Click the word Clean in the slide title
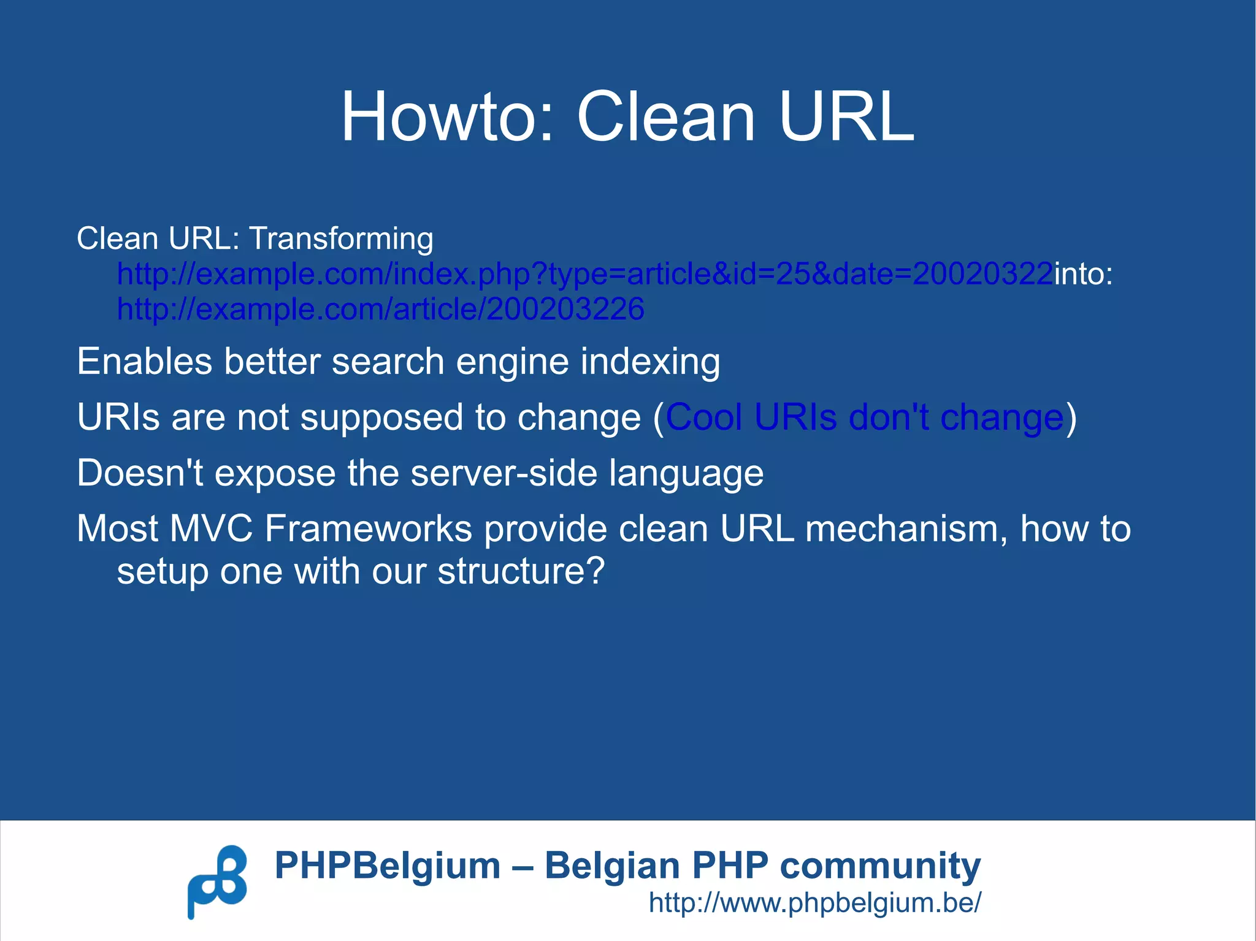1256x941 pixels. tap(665, 116)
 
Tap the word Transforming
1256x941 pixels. tap(341, 238)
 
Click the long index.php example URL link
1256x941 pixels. tap(585, 273)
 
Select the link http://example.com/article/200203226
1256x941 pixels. tap(380, 309)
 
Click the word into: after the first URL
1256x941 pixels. tap(1083, 273)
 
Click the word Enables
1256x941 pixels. tap(145, 362)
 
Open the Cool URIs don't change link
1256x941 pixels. tap(864, 417)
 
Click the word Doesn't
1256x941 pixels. tap(140, 473)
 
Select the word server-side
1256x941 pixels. tap(504, 473)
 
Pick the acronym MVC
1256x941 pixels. tap(211, 528)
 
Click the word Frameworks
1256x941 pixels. tap(368, 528)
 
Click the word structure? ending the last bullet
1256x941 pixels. tap(521, 571)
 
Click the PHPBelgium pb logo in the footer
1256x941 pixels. tap(217, 882)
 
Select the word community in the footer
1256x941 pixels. tap(880, 866)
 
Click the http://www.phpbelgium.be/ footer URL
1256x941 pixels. tap(814, 902)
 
